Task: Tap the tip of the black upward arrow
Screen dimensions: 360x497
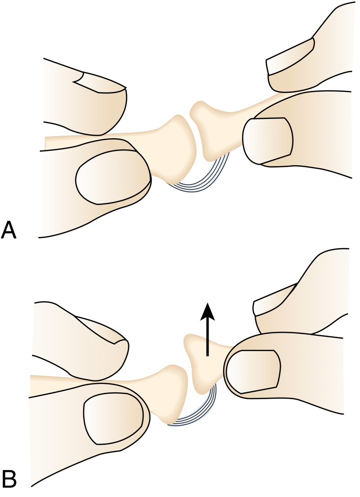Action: coord(207,303)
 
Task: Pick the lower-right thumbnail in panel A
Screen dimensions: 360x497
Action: coord(268,141)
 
